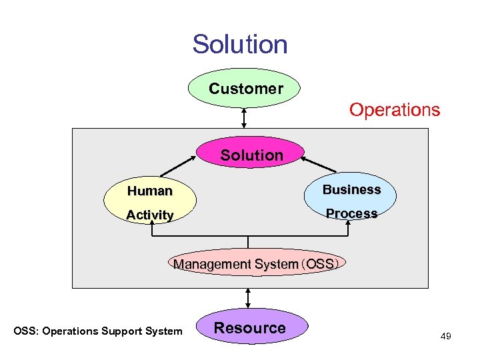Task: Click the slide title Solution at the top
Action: (240, 44)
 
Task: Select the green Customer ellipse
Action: (245, 88)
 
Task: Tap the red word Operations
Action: (395, 109)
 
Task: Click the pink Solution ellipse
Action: (251, 154)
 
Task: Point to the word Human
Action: (150, 191)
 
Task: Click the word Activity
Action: (150, 215)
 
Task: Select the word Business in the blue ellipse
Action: (351, 189)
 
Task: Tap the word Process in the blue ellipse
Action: (351, 213)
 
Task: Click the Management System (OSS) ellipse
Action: (255, 264)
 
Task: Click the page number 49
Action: (445, 336)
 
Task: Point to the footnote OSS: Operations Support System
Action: (98, 331)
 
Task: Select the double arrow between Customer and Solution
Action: (245, 118)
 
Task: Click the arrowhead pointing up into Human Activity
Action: (151, 225)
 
